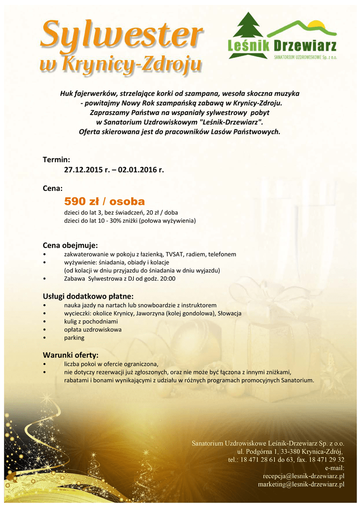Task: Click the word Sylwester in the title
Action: pos(122,36)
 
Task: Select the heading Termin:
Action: pos(56,159)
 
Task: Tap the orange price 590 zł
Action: pos(82,201)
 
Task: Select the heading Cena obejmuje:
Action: pos(71,245)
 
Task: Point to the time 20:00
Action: pos(167,279)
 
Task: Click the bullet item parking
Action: pos(74,338)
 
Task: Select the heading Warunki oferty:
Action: pos(70,355)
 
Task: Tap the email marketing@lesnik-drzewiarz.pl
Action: pos(301,484)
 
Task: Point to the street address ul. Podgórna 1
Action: pos(256,451)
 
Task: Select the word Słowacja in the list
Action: pos(229,314)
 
